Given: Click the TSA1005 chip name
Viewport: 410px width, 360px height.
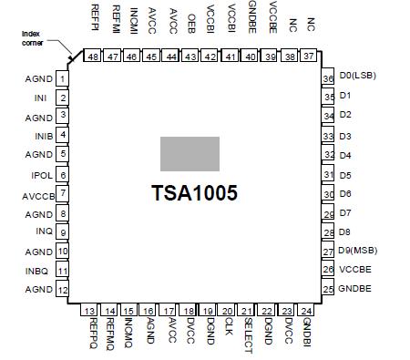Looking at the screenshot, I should click(194, 193).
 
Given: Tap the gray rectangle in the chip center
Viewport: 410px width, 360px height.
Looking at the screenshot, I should click(190, 153).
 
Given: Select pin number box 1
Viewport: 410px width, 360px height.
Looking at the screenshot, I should click(62, 79).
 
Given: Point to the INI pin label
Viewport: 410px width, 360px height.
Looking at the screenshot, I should click(40, 98).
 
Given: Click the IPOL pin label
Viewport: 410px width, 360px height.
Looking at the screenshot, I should click(41, 174).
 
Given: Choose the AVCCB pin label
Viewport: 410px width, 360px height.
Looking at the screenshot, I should click(37, 194).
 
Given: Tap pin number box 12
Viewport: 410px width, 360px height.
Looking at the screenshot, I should click(62, 290).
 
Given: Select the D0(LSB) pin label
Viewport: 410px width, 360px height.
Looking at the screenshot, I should click(360, 76).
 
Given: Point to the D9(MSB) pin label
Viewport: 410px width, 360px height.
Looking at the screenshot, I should click(360, 251).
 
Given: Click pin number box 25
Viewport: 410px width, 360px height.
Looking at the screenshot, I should click(328, 290).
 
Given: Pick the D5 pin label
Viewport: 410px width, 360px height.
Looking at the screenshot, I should click(345, 174).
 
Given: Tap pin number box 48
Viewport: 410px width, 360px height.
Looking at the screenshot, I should click(93, 57).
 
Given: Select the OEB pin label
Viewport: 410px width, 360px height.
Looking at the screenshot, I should click(190, 22).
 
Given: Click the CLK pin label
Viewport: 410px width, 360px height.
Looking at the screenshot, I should click(229, 329).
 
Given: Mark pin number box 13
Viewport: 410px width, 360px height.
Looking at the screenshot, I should click(89, 312).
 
